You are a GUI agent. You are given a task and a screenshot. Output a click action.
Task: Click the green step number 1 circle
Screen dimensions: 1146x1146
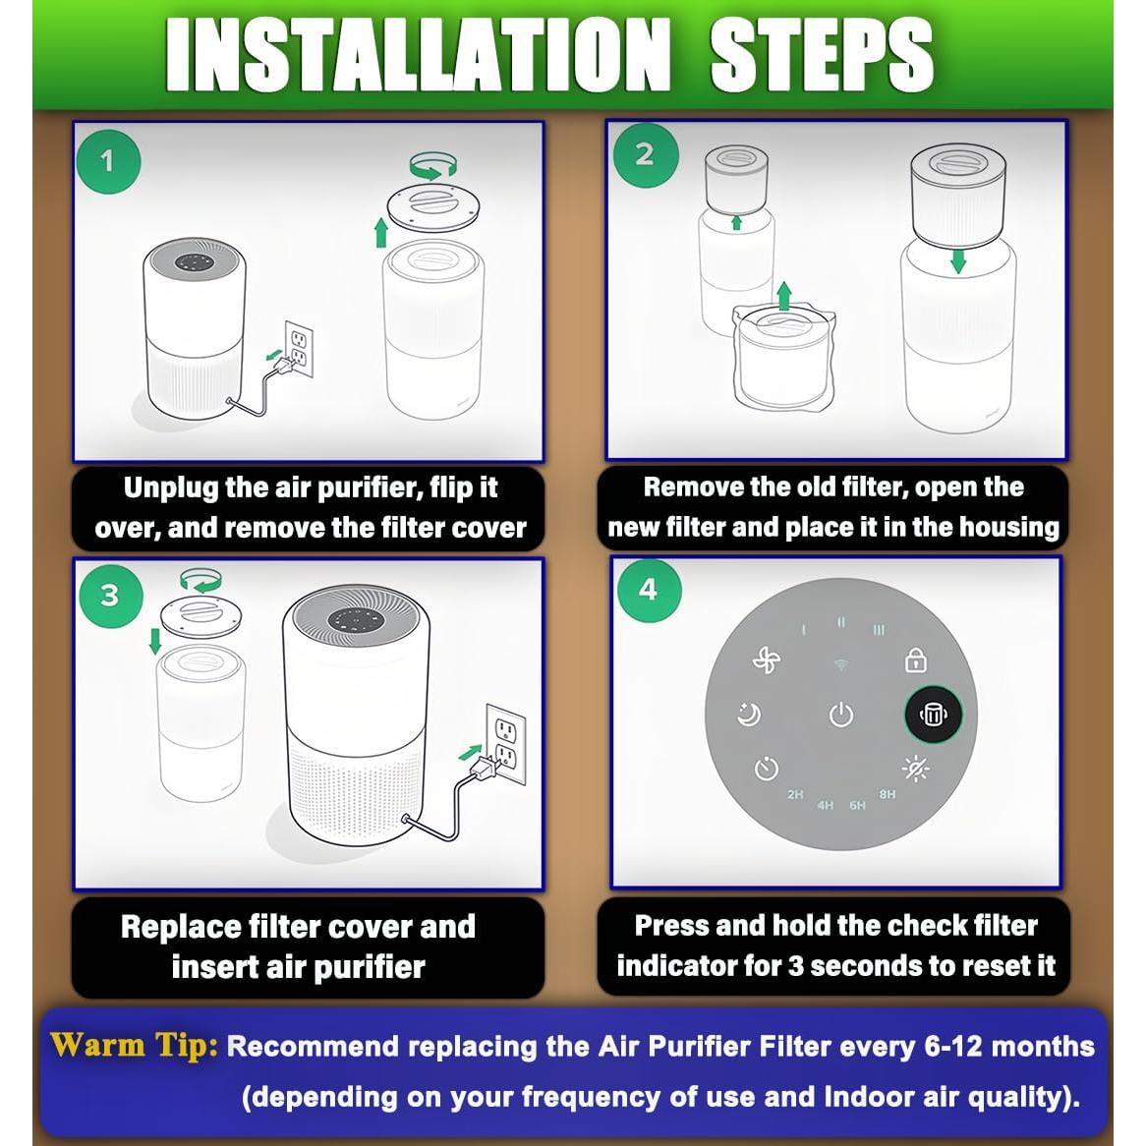(108, 161)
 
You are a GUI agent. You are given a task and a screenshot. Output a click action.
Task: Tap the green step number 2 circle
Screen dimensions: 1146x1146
(646, 155)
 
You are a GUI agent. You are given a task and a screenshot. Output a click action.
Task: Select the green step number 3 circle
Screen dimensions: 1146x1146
(110, 595)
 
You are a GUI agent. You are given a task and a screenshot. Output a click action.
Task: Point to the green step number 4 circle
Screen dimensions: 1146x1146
(649, 590)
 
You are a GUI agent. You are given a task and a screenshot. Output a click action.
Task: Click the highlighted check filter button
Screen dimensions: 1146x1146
(933, 714)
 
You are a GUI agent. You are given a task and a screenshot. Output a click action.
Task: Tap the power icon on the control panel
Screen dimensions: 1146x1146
(841, 715)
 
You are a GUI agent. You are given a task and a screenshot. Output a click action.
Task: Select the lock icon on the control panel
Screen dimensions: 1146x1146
(916, 659)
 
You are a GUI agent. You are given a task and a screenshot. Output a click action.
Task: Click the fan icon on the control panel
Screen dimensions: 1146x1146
(767, 659)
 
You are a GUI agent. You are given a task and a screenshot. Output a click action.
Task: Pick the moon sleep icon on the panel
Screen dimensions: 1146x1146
(749, 715)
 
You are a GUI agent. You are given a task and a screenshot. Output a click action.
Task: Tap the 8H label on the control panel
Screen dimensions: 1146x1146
(888, 794)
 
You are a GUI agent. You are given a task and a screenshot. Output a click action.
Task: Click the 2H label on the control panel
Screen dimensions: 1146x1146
(795, 794)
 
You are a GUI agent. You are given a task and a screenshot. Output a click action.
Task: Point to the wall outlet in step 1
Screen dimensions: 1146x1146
(298, 349)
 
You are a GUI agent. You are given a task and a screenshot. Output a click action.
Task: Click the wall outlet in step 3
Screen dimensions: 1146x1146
(506, 743)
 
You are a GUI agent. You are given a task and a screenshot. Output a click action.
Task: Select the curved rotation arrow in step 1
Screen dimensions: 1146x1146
(433, 164)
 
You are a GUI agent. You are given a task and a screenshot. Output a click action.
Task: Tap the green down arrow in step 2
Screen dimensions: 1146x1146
(958, 261)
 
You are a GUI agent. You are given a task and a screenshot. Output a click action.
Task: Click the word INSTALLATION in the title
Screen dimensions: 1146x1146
(418, 55)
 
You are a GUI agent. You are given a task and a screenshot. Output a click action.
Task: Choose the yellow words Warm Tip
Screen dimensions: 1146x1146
(134, 1045)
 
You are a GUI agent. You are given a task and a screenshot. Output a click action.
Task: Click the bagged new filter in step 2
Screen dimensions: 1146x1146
(784, 357)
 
